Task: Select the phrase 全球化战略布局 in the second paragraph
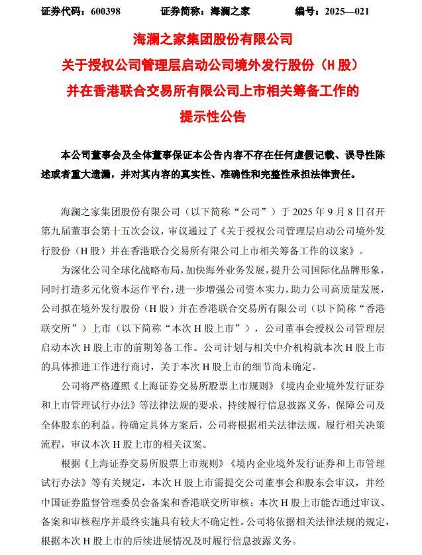point(154,271)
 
